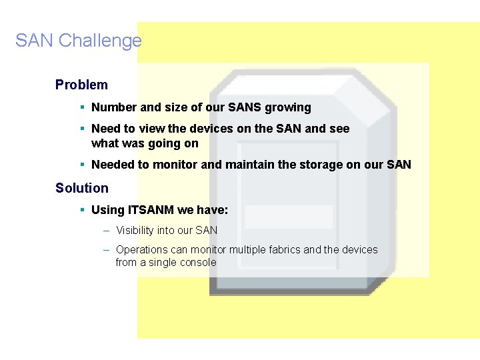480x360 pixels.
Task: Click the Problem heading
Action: coord(81,85)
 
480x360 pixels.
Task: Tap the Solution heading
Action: coord(82,188)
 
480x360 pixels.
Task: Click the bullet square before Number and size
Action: coord(81,107)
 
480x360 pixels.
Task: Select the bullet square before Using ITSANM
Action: coord(81,209)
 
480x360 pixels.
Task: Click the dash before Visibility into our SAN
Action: coord(107,231)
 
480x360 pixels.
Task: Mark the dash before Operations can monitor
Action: coord(107,250)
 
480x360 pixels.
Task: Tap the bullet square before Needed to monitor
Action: coord(81,164)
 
